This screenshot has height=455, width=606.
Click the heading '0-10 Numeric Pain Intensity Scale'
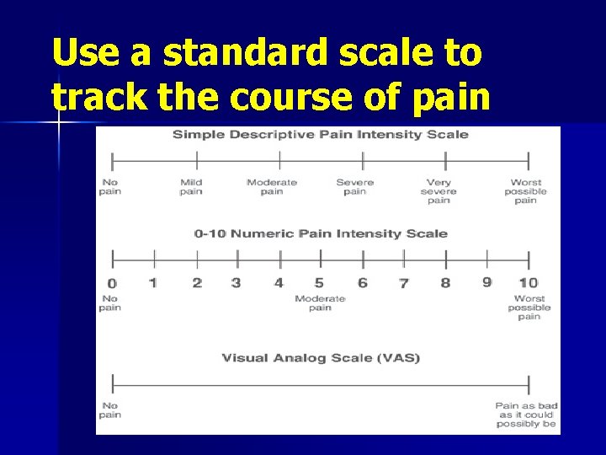point(321,233)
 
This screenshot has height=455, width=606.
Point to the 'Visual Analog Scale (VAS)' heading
point(321,358)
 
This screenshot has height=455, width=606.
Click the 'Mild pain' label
point(191,187)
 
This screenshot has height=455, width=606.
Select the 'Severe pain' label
point(354,187)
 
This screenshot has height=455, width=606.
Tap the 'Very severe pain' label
point(439,191)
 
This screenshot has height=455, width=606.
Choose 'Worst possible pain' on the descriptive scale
point(525,191)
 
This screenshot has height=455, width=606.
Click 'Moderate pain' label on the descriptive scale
point(272,187)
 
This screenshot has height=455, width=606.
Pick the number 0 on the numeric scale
point(112,284)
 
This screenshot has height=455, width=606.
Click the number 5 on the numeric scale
point(319,283)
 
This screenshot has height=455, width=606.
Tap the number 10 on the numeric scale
point(528,283)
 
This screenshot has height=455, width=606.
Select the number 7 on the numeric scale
point(404,284)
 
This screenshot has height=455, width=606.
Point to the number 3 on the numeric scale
point(236,283)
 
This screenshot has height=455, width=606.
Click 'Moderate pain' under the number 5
point(320,303)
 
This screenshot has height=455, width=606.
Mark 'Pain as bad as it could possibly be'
point(526,415)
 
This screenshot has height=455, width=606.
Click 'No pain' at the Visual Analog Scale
point(110,410)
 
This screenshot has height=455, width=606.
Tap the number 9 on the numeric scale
point(486,282)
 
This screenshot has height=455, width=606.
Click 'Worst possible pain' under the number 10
point(529,308)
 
